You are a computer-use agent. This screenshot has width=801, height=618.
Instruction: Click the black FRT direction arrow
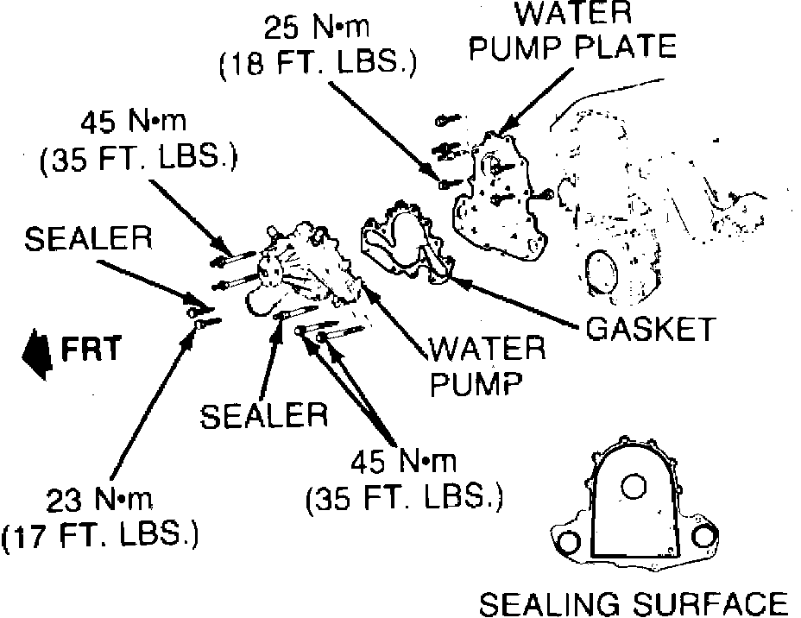pos(37,351)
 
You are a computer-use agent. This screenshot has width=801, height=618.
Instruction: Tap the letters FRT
pos(91,349)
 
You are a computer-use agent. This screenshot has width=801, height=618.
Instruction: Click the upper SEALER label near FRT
pos(87,240)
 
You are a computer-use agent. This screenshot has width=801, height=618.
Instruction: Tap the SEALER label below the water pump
pos(264,416)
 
